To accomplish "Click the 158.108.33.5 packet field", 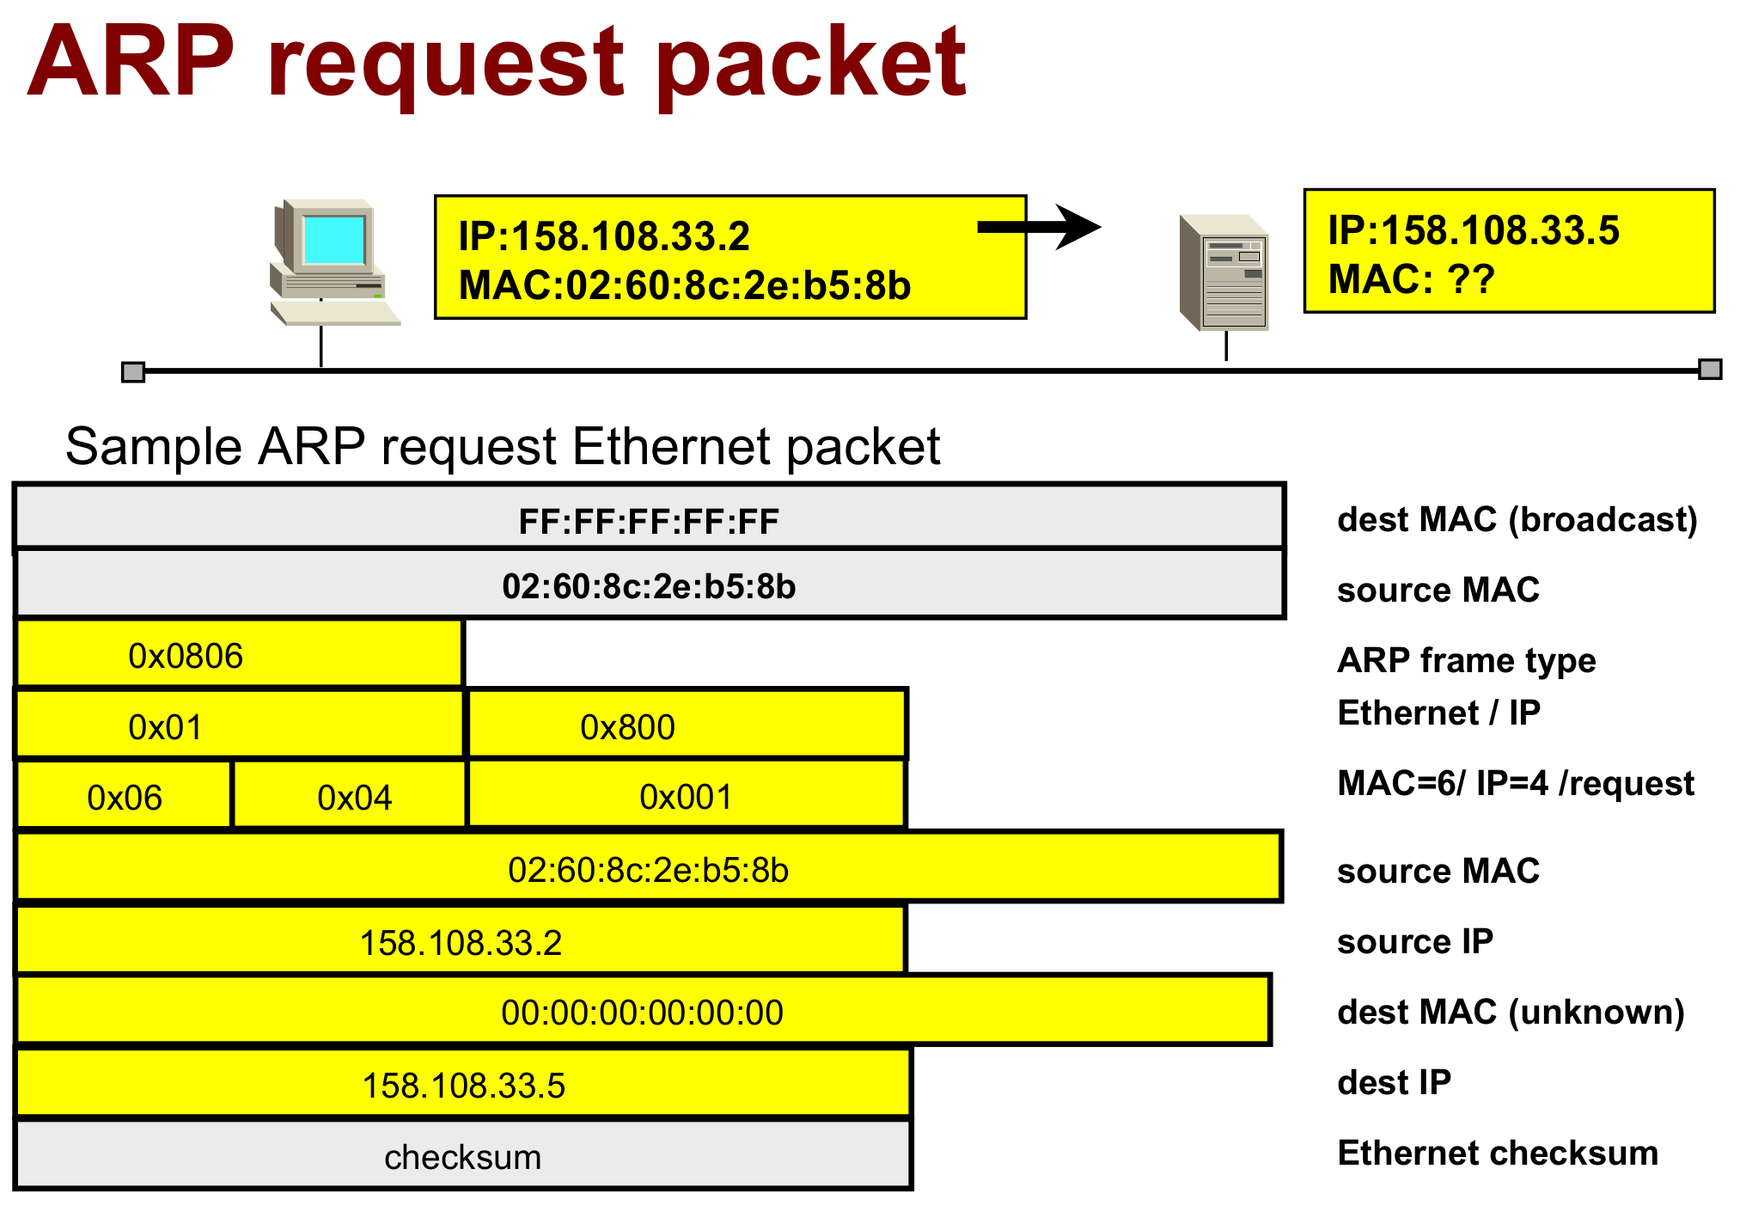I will tap(464, 1085).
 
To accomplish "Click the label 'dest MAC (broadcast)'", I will tap(1517, 520).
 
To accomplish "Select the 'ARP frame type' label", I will tap(1466, 660).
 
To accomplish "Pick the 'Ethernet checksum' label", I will tap(1497, 1153).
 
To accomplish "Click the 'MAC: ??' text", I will tap(1411, 279).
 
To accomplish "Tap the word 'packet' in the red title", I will tap(811, 64).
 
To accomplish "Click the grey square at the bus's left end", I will tap(133, 371).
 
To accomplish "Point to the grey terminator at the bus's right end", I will tap(1710, 370).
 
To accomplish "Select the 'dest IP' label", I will tap(1394, 1082).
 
